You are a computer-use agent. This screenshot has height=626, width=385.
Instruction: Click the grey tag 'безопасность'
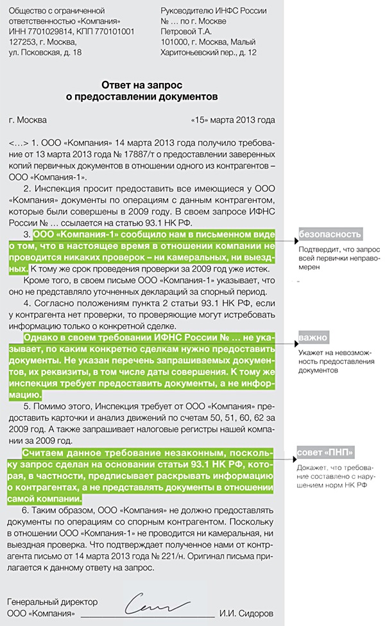pyautogui.click(x=329, y=234)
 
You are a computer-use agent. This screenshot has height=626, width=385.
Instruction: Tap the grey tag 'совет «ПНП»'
pyautogui.click(x=325, y=451)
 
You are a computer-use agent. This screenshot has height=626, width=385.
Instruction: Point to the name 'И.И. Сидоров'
pyautogui.click(x=247, y=613)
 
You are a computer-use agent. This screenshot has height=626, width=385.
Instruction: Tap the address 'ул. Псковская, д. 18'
pyautogui.click(x=46, y=53)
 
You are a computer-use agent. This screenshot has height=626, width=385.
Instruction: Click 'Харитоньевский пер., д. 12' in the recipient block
pyautogui.click(x=209, y=53)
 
